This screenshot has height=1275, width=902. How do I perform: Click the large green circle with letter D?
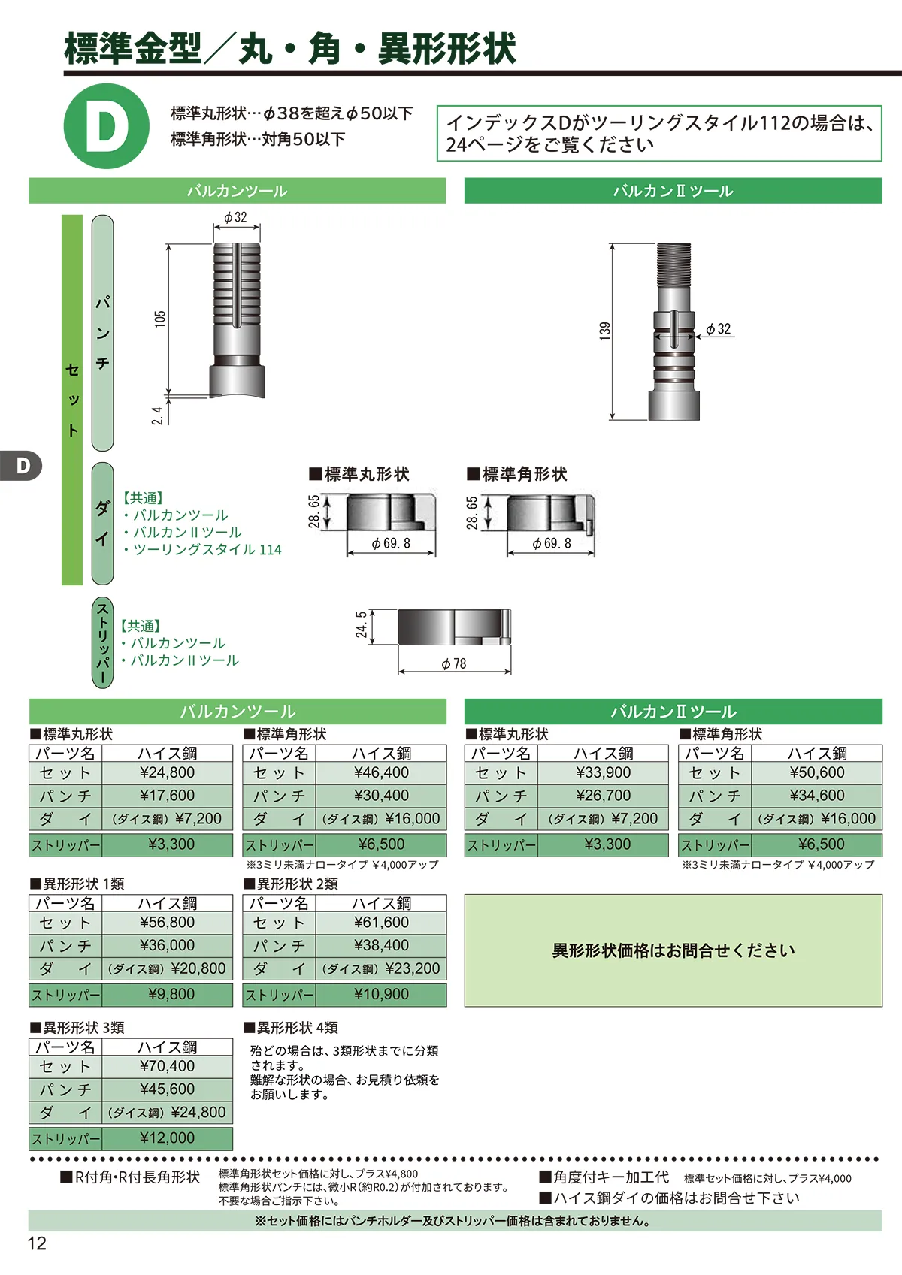point(107,125)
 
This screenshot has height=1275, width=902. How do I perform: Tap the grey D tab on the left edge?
point(20,466)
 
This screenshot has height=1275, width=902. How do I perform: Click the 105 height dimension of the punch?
point(160,318)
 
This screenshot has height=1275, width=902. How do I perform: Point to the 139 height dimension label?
point(605,331)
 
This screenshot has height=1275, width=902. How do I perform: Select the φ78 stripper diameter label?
point(454,663)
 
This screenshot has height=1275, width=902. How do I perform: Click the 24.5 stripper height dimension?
point(361,624)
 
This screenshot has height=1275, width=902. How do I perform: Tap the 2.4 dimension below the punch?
point(157,415)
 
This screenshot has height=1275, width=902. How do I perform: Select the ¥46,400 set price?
point(382,772)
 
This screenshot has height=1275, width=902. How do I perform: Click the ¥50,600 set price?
point(817,772)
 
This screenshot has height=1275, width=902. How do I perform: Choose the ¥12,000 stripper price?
point(168,1138)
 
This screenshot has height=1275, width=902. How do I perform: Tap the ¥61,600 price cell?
point(382,922)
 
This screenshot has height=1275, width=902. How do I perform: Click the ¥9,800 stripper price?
point(171,994)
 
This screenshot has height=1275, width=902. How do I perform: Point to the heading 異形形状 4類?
point(292,1027)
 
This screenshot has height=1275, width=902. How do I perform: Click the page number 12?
point(37,1243)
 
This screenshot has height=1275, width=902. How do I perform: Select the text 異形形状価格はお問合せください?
point(673,950)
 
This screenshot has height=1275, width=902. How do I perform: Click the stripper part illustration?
point(455,627)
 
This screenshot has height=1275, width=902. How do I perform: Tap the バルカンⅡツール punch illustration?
point(674,332)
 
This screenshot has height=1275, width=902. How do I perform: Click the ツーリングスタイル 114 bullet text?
point(207,549)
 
